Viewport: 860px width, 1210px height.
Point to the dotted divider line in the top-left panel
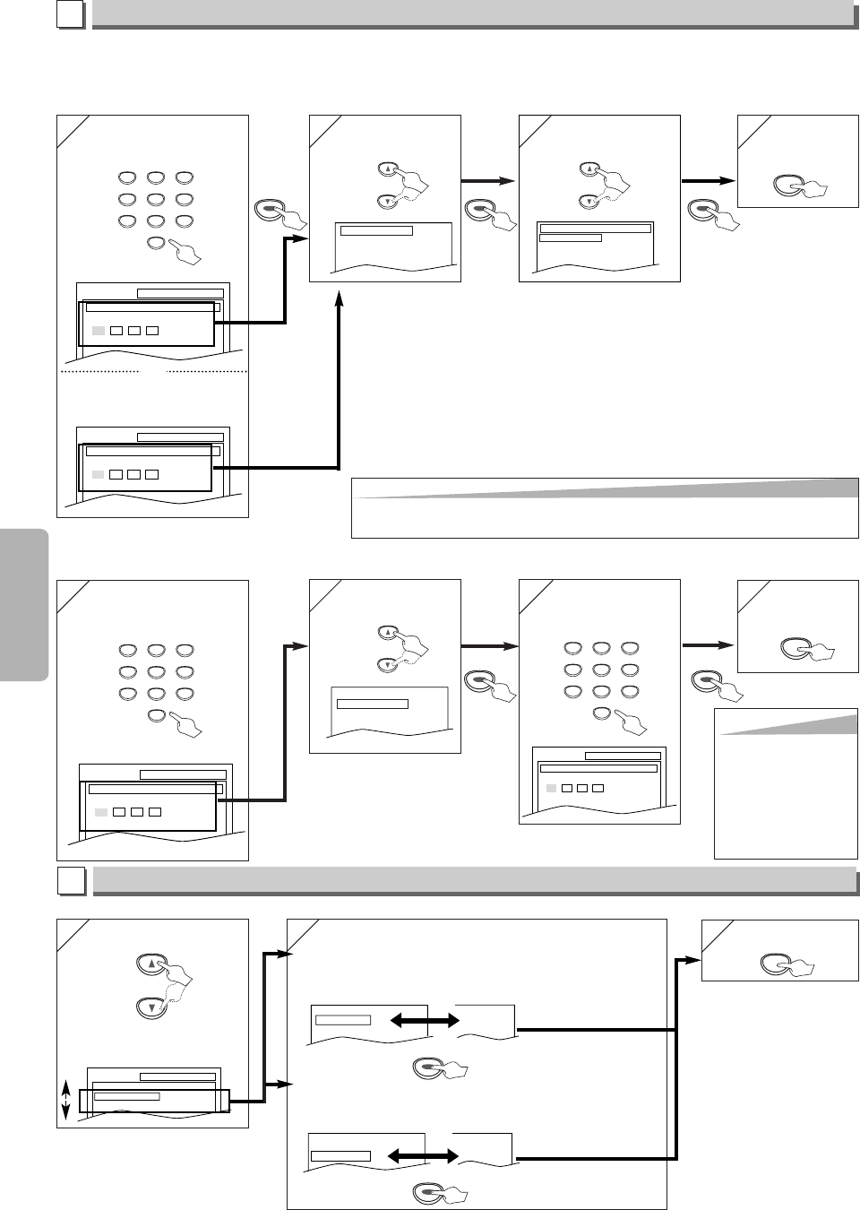99,370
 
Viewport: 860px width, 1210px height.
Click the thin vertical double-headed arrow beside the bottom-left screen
66,1099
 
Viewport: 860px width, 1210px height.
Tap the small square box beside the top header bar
72,14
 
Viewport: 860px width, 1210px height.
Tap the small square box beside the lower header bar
72,882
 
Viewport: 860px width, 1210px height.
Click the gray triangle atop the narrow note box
788,723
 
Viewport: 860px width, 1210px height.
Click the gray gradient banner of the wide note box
605,488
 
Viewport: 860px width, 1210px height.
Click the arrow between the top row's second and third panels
489,181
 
